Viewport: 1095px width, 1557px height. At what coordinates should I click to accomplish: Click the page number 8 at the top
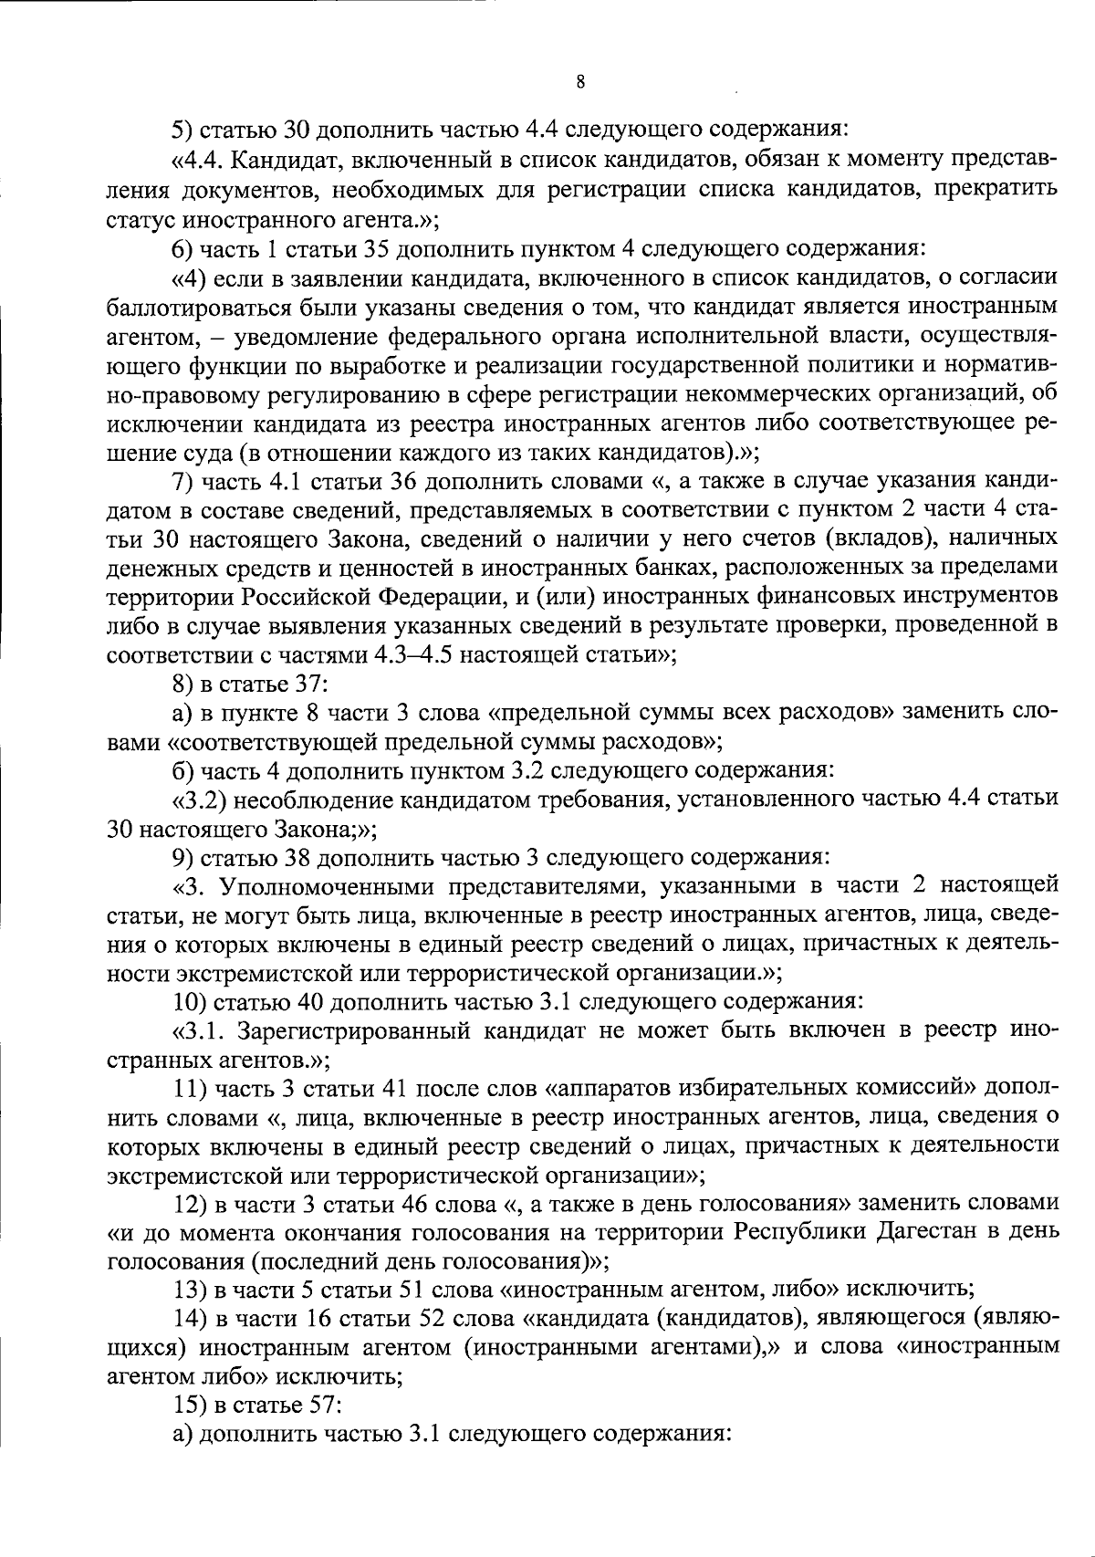[580, 82]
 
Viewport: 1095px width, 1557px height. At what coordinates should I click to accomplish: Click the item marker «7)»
[185, 481]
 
